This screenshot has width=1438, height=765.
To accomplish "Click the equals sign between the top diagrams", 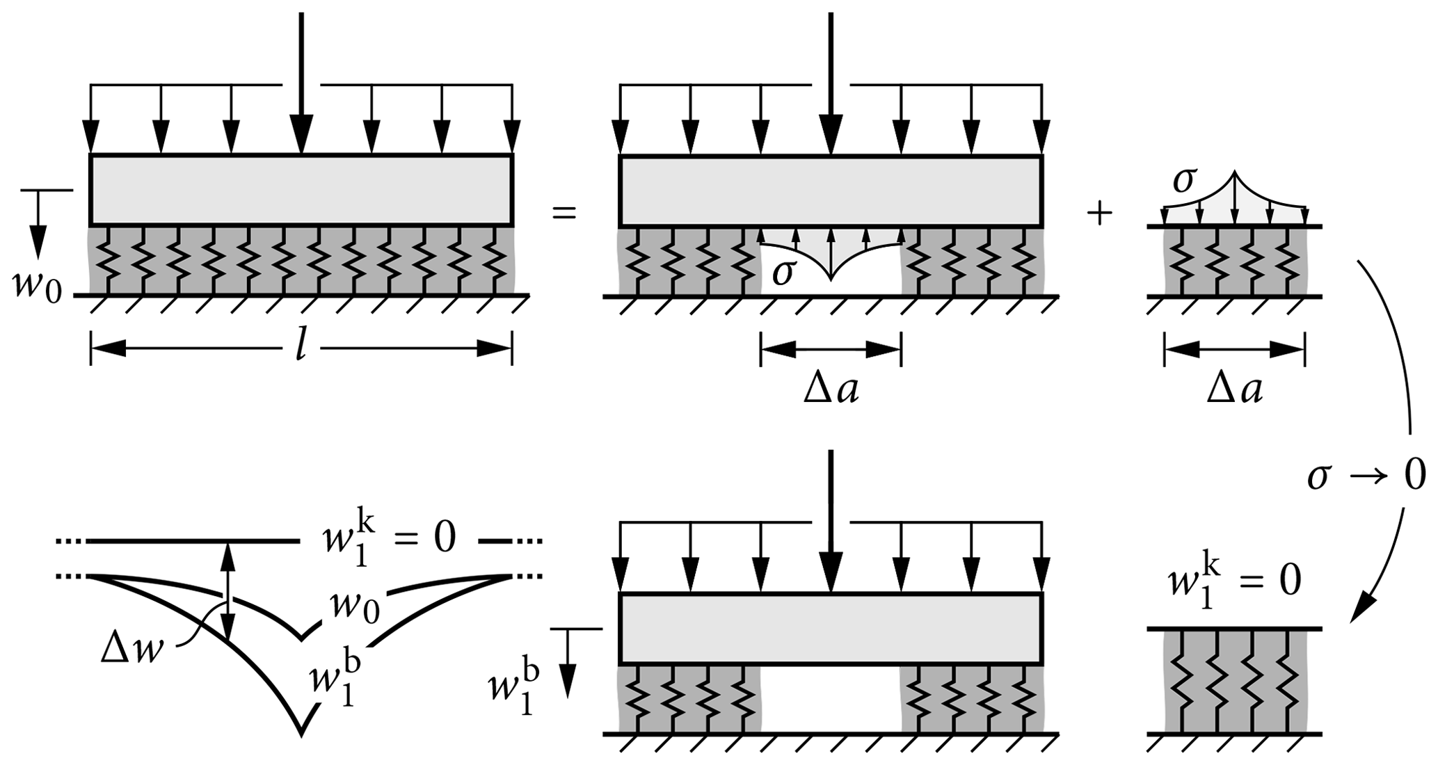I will (x=564, y=212).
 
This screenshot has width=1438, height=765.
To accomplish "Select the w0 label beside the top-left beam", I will (x=37, y=286).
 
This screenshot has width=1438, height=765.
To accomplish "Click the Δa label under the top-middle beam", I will (x=831, y=390).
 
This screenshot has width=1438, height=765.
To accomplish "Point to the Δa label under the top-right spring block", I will (x=1234, y=390).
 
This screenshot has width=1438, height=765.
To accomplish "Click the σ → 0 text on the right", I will (x=1366, y=476).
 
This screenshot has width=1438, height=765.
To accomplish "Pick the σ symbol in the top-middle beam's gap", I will (x=783, y=272).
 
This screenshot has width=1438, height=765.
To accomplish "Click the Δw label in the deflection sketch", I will (x=133, y=650).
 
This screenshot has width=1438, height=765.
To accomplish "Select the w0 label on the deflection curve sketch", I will (x=355, y=606).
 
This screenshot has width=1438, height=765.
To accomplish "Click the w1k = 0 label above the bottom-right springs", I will (x=1233, y=582).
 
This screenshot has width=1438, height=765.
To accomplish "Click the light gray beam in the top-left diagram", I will (x=301, y=189).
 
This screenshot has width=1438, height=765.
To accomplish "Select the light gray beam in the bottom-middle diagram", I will (x=830, y=629).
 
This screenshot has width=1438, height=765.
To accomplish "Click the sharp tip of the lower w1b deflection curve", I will (x=301, y=732).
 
